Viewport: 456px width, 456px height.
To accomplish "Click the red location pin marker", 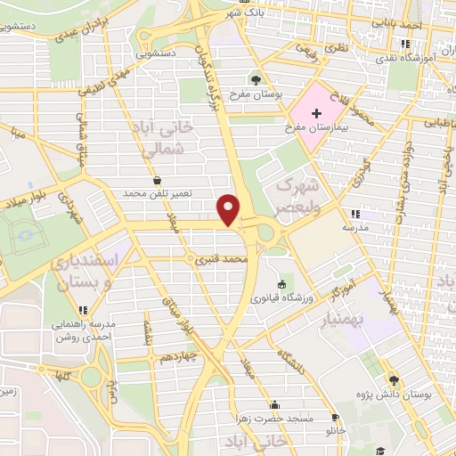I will tap(230, 209).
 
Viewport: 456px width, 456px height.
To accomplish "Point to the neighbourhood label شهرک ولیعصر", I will tap(297, 195).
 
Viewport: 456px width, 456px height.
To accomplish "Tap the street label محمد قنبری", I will tap(221, 260).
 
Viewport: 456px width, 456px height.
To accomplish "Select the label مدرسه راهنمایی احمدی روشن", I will tap(85, 331).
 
